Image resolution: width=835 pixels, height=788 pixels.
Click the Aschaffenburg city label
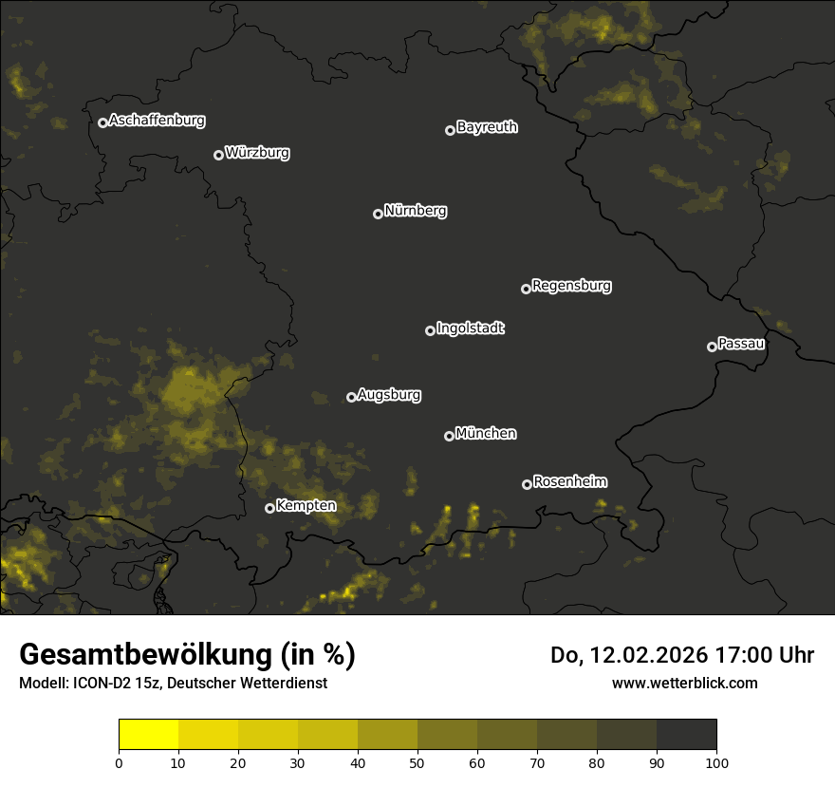tap(157, 121)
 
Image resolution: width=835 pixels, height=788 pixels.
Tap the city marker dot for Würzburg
tap(218, 155)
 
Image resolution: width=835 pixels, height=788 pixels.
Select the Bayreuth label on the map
tap(487, 127)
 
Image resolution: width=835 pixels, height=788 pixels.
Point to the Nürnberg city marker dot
tap(378, 214)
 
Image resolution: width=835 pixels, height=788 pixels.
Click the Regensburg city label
tap(571, 285)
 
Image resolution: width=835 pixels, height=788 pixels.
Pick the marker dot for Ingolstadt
tap(430, 330)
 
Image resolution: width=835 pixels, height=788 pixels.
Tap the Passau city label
tap(741, 344)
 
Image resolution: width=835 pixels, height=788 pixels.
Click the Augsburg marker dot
tap(351, 397)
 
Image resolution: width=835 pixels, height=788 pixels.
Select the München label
tap(486, 433)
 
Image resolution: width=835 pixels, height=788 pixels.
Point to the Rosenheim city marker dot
tap(527, 484)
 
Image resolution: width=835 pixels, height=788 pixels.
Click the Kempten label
tap(306, 505)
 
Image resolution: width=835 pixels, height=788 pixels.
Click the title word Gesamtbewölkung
tap(146, 655)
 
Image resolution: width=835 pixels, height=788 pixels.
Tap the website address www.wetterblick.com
tap(684, 683)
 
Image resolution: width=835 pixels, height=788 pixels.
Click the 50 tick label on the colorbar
tap(417, 762)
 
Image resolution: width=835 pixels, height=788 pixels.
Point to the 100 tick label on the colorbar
tap(716, 762)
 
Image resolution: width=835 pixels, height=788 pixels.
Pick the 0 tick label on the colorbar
tap(119, 762)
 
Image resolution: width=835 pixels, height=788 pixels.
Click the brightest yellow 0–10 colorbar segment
tap(149, 735)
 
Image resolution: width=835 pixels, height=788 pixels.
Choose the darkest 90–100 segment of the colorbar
tap(686, 735)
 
